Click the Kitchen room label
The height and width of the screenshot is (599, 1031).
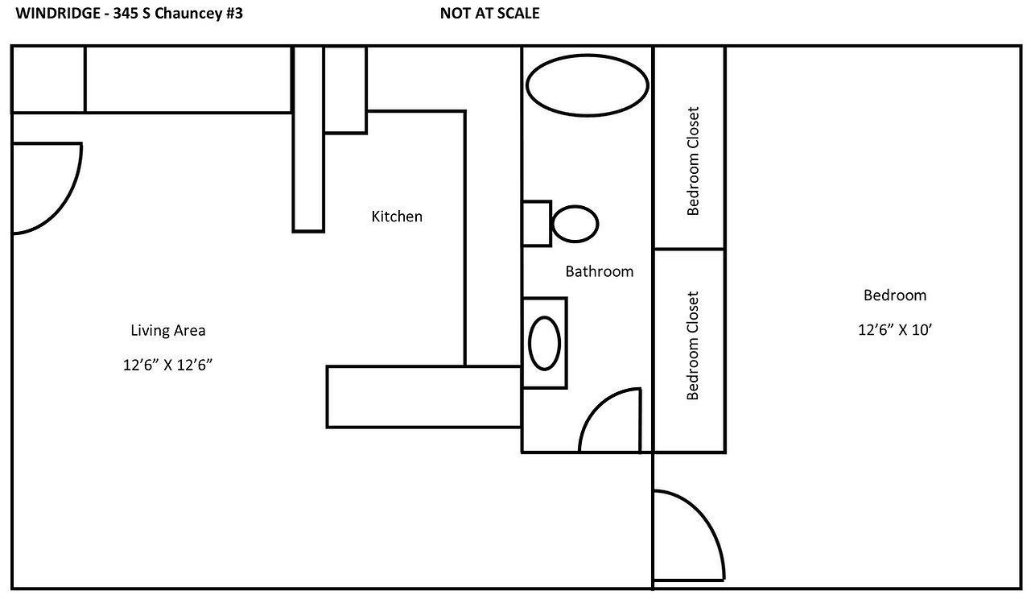[396, 217]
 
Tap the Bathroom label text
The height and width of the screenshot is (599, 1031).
[599, 271]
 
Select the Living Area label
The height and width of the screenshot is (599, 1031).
[167, 330]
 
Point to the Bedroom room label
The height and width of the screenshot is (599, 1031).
[894, 295]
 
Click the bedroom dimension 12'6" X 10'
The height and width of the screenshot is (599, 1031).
[894, 329]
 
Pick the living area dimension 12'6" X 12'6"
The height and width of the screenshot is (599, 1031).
[167, 365]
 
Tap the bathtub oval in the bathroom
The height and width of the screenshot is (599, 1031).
[587, 85]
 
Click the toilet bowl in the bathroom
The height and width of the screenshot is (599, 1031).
[575, 224]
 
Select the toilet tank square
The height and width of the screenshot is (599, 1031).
[536, 223]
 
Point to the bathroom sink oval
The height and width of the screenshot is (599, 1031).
[545, 343]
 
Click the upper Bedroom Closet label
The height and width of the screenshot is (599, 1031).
[693, 161]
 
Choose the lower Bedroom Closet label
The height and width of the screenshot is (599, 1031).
[693, 346]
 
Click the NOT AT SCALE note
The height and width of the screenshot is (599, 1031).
[489, 13]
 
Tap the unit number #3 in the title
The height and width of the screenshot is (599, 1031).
[233, 13]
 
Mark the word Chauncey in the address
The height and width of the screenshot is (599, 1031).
[190, 13]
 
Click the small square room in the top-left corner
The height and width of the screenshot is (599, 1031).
[48, 79]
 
